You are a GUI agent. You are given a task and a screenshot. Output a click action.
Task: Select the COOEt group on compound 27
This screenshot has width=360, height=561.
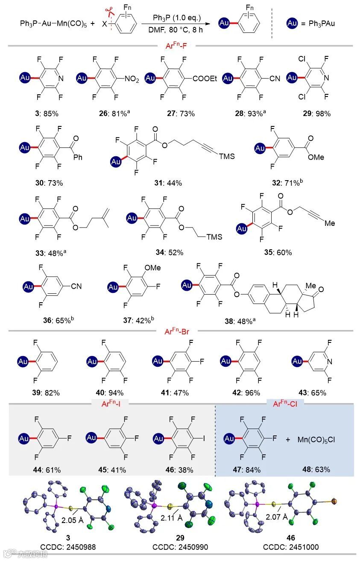pos(202,79)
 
